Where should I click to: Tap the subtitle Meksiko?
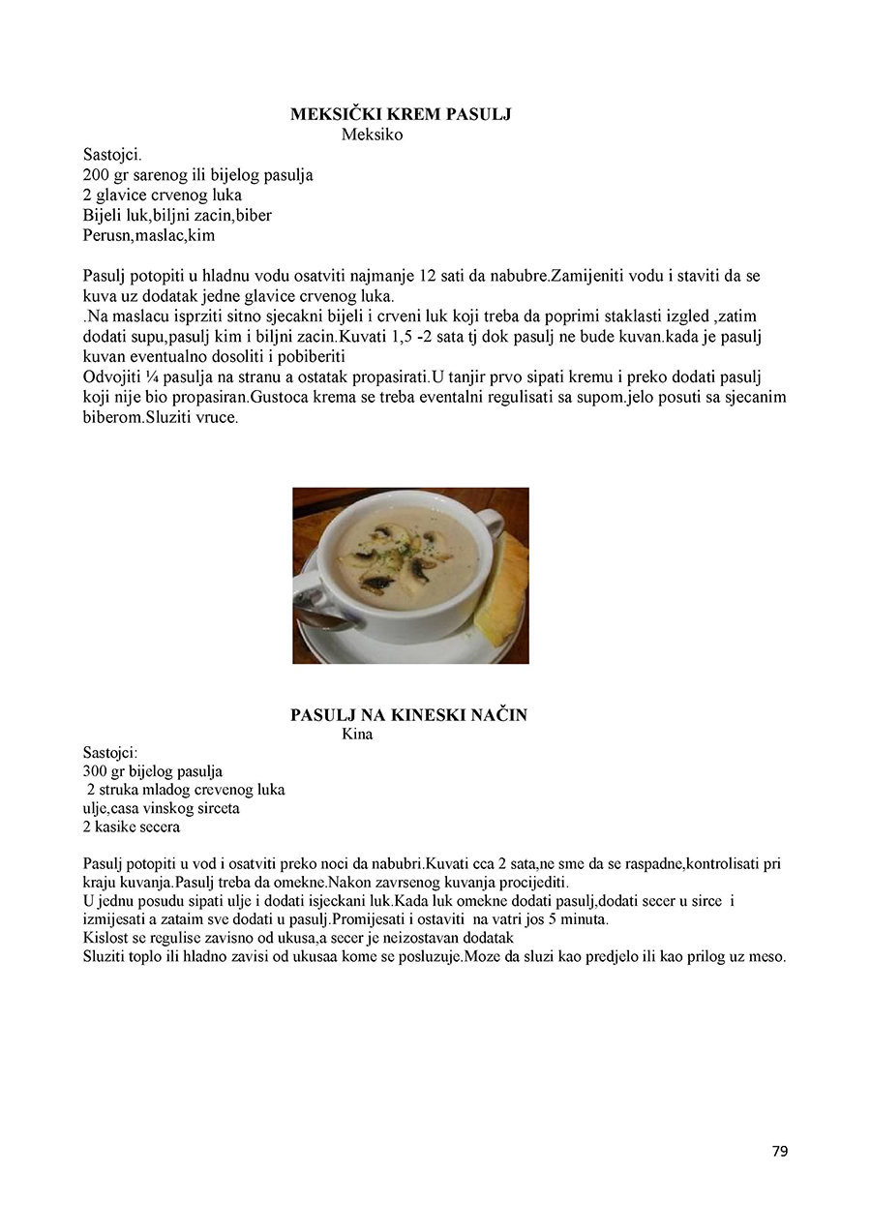pyautogui.click(x=372, y=135)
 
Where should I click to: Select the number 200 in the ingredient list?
pyautogui.click(x=97, y=175)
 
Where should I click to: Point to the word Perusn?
pyautogui.click(x=106, y=235)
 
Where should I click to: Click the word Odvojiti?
pyautogui.click(x=110, y=377)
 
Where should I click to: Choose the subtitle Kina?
pyautogui.click(x=357, y=734)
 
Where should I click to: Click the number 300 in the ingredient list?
pyautogui.click(x=96, y=771)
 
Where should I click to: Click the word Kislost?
pyautogui.click(x=104, y=938)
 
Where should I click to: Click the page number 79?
pyautogui.click(x=780, y=1151)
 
